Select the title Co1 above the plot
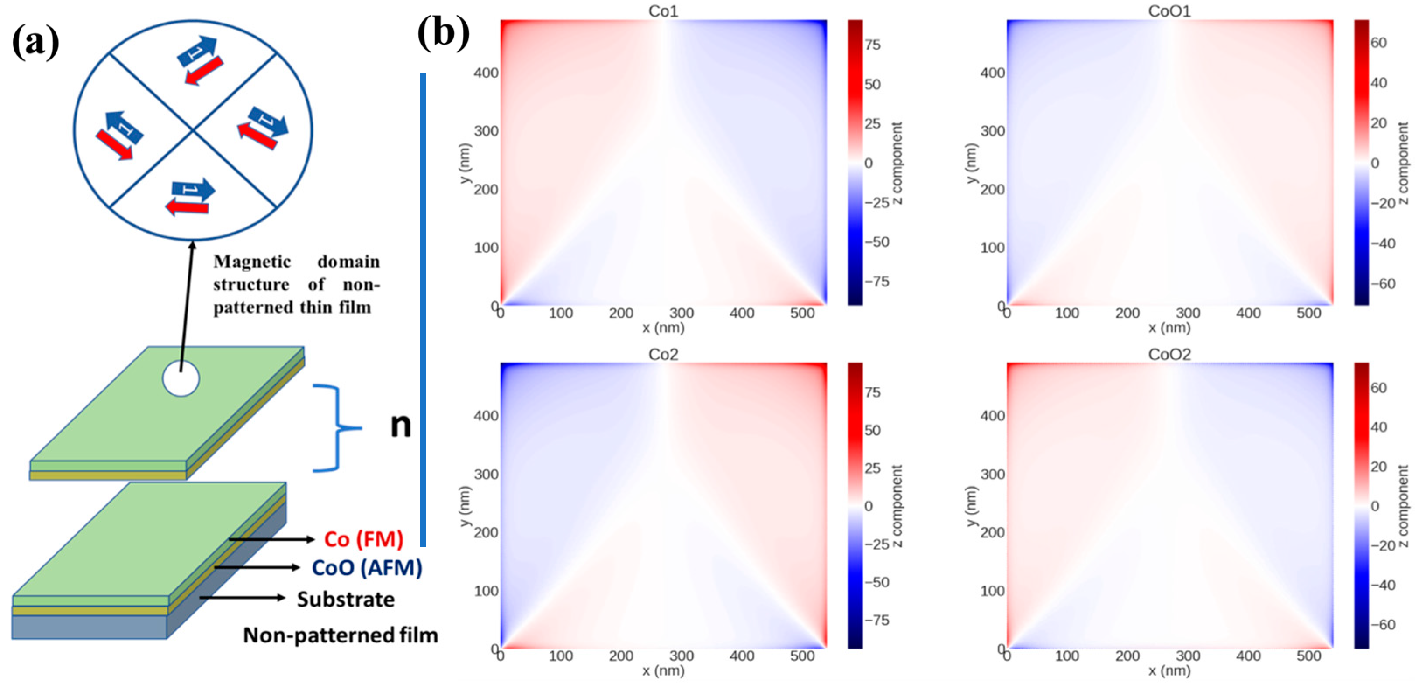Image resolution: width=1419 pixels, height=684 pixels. tap(663, 11)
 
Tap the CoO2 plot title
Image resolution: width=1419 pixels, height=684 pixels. tap(1169, 354)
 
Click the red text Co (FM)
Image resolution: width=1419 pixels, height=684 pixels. tap(364, 539)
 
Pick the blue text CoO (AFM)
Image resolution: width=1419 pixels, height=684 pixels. tap(367, 568)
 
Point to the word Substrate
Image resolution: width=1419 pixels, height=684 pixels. tap(345, 599)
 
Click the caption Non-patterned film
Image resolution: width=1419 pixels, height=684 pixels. tap(341, 635)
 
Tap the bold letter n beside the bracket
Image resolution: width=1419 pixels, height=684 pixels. tap(400, 426)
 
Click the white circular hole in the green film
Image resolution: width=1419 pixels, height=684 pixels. tap(181, 379)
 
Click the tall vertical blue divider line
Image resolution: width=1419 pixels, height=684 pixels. tap(423, 309)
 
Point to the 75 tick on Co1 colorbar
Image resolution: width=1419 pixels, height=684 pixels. tap(872, 45)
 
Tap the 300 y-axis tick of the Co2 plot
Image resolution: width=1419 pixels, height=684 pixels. tap(486, 474)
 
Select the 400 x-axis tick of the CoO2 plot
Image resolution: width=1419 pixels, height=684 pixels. tap(1248, 656)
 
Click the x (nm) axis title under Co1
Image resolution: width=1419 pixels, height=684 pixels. tap(663, 328)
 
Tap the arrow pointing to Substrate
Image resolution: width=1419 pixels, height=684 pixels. tap(242, 597)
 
